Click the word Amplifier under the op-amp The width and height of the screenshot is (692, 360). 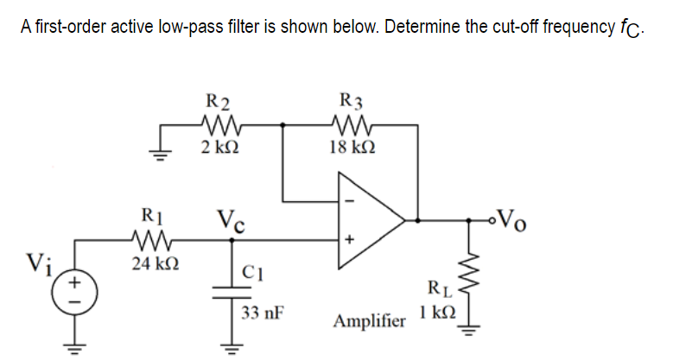[369, 321]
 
